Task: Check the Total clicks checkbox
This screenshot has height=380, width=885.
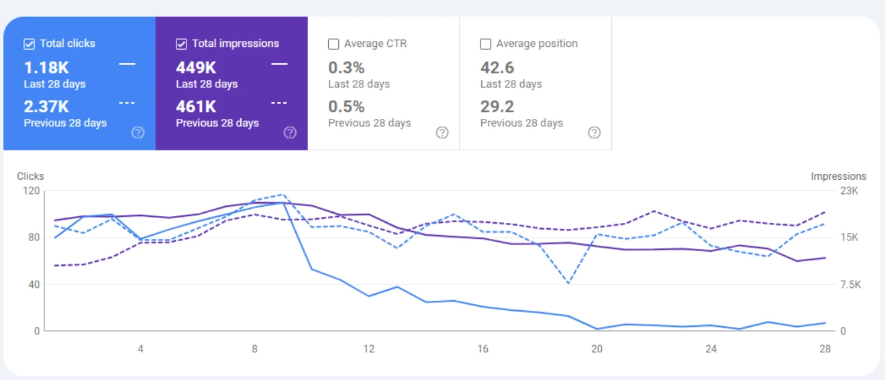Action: tap(29, 44)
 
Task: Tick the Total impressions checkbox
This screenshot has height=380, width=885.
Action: tap(181, 44)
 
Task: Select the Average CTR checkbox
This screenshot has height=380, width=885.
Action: tap(333, 44)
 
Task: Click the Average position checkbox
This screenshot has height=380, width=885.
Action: tap(486, 44)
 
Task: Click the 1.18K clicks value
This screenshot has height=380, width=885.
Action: tap(46, 68)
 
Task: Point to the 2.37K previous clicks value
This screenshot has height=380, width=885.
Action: tap(46, 107)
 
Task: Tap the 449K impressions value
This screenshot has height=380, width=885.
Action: tap(196, 68)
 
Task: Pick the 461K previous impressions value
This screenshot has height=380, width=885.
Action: tap(196, 107)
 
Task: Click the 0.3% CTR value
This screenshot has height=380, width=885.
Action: tap(346, 68)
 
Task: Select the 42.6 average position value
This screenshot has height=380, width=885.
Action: tap(497, 68)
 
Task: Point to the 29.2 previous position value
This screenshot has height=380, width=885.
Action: tap(497, 107)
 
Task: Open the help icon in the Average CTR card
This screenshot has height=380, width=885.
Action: tap(442, 132)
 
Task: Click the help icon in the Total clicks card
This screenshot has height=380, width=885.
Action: tap(138, 132)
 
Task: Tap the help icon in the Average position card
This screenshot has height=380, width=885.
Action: tap(594, 132)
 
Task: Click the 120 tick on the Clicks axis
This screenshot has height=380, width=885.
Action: tap(30, 191)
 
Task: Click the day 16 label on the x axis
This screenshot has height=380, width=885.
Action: tap(482, 349)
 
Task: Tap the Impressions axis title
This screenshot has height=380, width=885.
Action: tap(838, 177)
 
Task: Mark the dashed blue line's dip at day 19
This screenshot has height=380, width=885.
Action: tap(568, 283)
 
